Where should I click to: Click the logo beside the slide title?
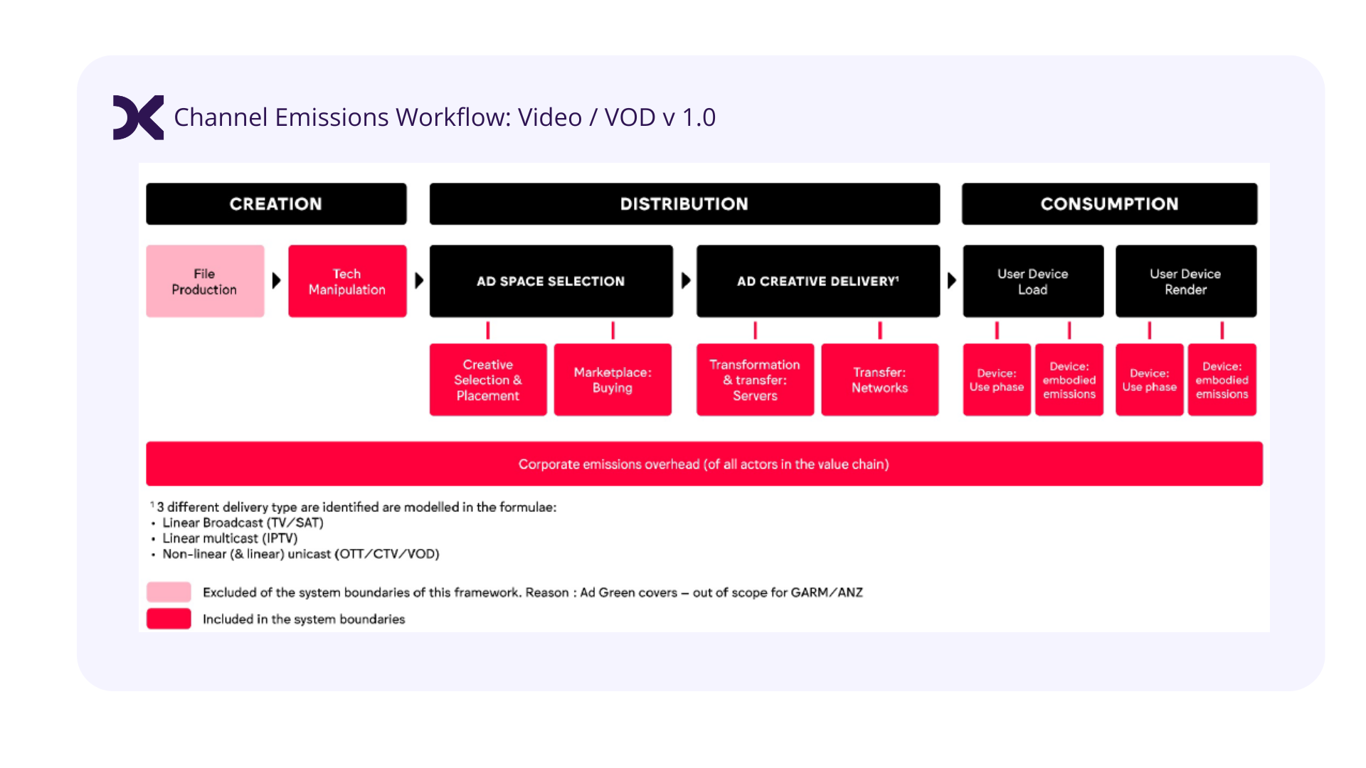pos(138,117)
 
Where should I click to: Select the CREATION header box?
pos(276,204)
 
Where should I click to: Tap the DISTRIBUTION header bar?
pos(684,204)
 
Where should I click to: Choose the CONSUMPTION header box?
pos(1109,204)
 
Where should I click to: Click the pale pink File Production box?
pos(205,282)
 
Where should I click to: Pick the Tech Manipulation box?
pos(347,282)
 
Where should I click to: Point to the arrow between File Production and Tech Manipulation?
pos(277,281)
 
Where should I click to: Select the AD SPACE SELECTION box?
pos(551,282)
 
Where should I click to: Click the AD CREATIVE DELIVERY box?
pos(818,282)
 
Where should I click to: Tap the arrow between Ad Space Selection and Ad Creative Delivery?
pos(686,281)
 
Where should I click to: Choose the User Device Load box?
pos(1033,282)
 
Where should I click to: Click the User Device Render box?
pos(1186,282)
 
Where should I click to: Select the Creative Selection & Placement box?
pos(488,380)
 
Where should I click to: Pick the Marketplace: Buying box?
pos(613,380)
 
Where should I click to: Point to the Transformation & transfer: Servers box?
pos(755,380)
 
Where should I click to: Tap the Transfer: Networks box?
pos(880,380)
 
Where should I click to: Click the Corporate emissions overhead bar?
pos(704,464)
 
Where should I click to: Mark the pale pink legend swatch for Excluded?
pos(169,592)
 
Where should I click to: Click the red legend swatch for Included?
pos(169,619)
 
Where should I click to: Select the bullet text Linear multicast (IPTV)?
pos(230,538)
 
